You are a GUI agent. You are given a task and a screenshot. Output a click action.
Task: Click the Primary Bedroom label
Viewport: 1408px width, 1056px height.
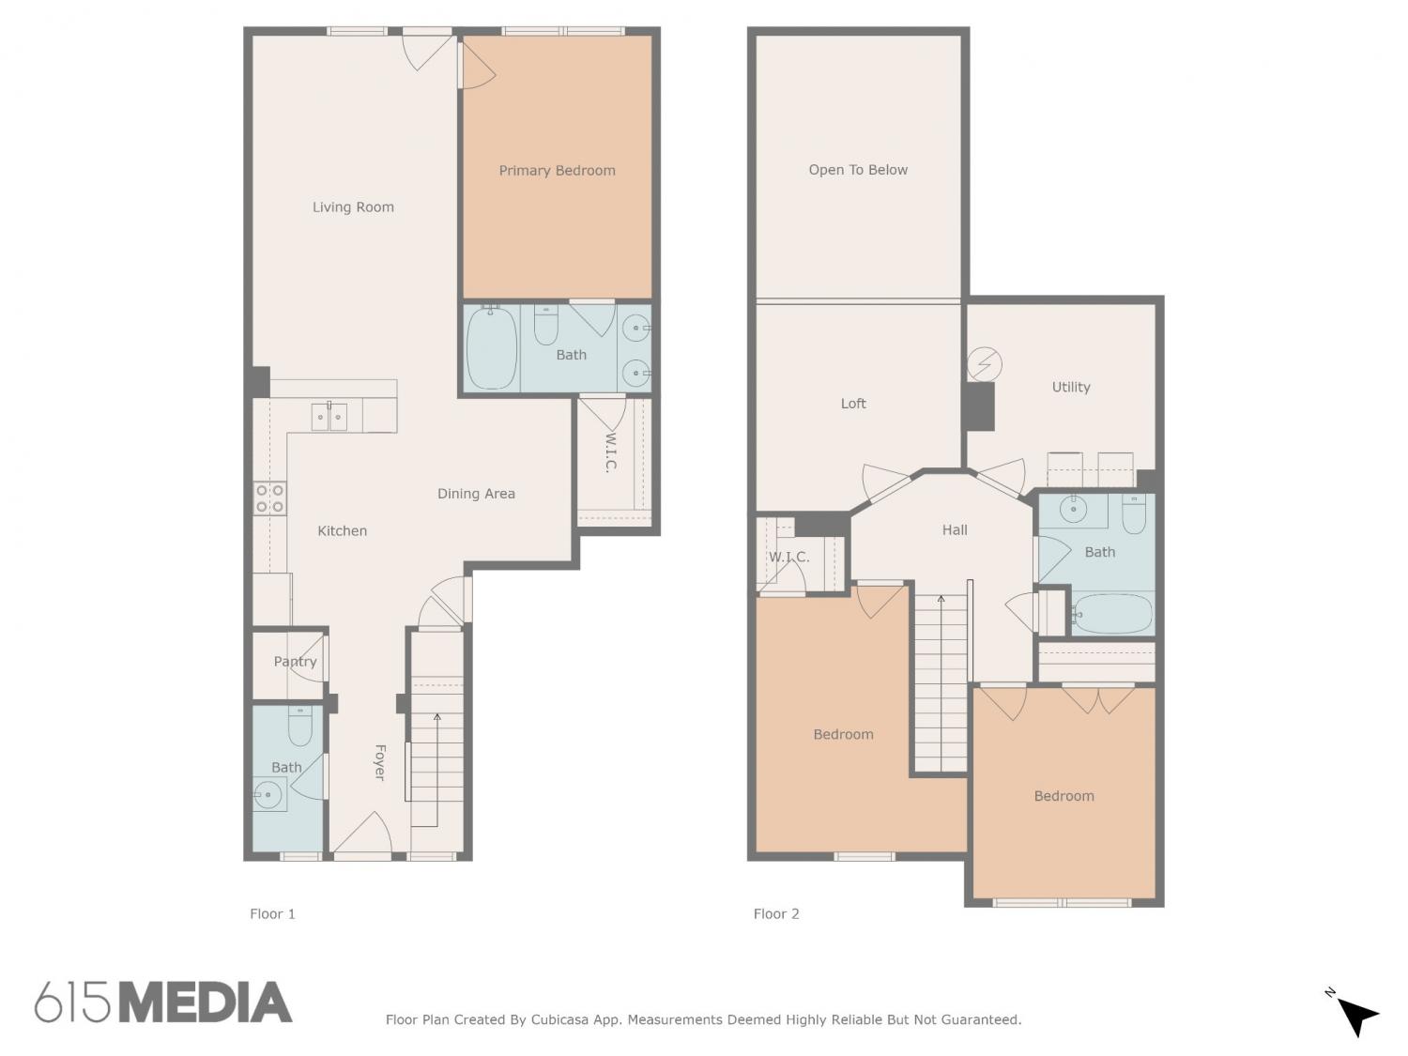tap(557, 171)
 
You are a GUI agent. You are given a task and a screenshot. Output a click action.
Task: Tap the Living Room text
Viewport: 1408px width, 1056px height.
tap(353, 207)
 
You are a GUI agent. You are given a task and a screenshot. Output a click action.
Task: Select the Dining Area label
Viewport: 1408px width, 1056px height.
tap(476, 494)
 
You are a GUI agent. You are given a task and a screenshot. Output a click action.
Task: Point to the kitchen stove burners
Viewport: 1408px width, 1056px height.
tap(269, 498)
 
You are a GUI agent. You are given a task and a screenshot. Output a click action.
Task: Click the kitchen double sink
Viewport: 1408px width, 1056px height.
tap(329, 418)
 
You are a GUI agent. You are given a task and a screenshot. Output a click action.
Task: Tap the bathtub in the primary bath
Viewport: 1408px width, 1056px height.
tap(491, 348)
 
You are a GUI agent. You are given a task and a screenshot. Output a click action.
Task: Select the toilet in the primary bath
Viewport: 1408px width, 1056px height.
tap(546, 325)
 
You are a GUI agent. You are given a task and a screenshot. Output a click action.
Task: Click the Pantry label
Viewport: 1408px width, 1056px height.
tap(295, 662)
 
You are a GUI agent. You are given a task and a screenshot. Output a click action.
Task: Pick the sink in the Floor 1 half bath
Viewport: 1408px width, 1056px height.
tap(269, 795)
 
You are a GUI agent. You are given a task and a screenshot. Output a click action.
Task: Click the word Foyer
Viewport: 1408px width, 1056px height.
tap(380, 762)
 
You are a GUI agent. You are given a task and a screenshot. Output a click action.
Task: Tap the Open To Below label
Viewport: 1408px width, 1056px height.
tap(858, 170)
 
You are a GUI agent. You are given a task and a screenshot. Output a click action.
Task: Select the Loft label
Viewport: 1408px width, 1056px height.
tap(853, 404)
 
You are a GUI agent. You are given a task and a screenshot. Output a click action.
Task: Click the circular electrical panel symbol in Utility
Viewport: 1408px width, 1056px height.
tap(984, 364)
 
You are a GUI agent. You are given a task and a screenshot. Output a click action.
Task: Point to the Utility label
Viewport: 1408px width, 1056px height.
tap(1071, 388)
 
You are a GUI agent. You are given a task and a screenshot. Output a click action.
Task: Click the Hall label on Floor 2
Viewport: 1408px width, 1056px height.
tap(955, 530)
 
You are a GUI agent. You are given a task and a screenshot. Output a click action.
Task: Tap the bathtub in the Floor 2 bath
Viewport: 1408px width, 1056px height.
tap(1111, 614)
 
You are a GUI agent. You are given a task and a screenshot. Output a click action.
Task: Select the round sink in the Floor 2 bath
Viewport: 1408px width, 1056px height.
tap(1073, 510)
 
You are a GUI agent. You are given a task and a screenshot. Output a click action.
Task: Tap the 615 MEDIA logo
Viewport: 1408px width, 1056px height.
tap(163, 1002)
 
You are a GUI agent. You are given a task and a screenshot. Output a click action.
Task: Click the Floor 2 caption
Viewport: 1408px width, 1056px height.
tap(776, 914)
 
